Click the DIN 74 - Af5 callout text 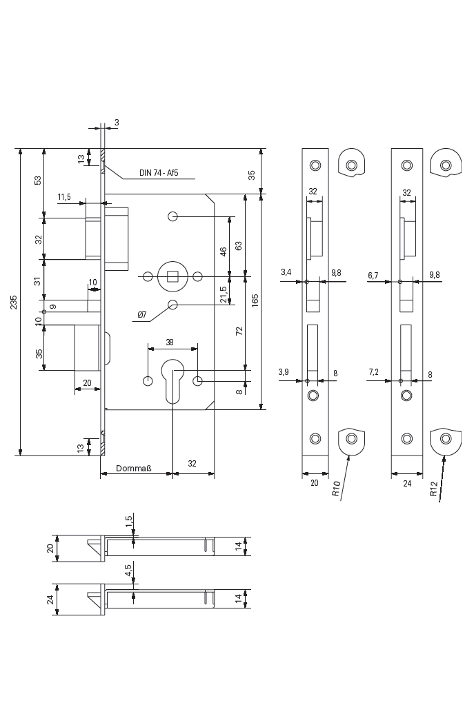pos(159,173)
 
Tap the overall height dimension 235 pos(14,303)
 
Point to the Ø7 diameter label pos(141,315)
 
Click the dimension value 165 pos(255,300)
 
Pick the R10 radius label pos(336,489)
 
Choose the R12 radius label pos(433,489)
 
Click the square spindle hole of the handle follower pos(172,277)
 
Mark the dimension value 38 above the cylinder pos(170,342)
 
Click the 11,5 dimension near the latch pos(64,197)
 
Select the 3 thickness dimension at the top pos(116,122)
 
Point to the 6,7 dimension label pos(373,275)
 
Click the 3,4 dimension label pos(286,274)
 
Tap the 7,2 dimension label pos(373,372)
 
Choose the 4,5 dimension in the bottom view pos(128,571)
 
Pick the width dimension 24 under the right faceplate pos(407,483)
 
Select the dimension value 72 pos(239,331)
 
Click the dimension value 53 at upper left pos(39,180)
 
